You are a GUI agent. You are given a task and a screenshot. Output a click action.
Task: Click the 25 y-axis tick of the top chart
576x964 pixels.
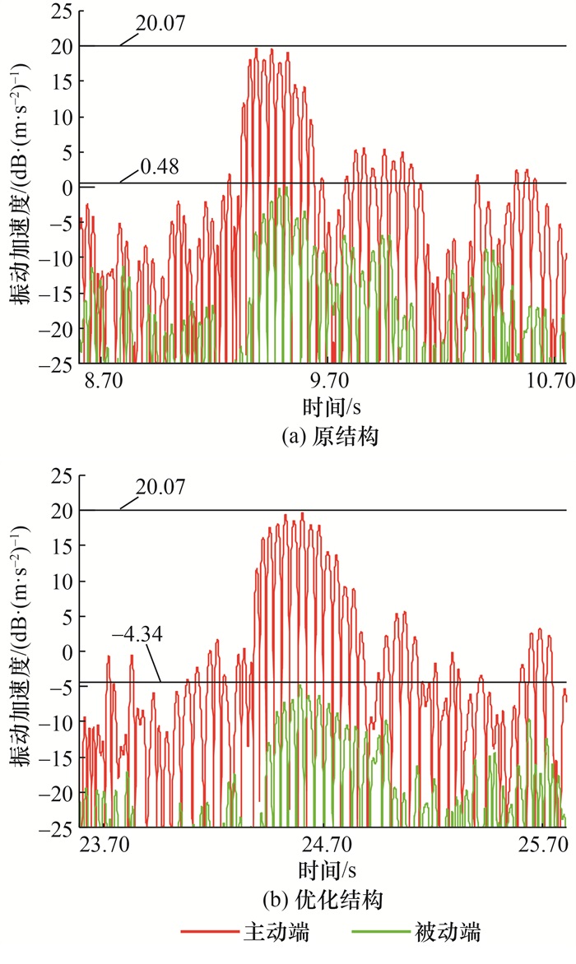click(59, 12)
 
